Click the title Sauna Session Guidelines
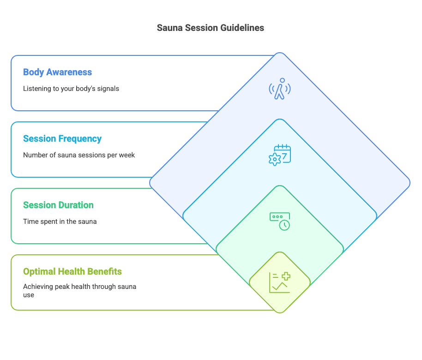coord(211,28)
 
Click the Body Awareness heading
coord(57,72)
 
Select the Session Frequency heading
coord(62,138)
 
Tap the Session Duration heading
coord(58,205)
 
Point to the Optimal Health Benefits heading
coord(72,271)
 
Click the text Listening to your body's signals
coord(71,89)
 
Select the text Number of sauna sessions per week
coord(79,155)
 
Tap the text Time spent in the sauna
coord(60,222)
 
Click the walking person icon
coord(280,89)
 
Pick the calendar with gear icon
coord(280,155)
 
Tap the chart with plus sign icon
coord(280,282)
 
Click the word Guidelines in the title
coord(242,28)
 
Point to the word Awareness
coord(69,72)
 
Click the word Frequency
coord(80,139)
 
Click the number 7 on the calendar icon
coord(284,156)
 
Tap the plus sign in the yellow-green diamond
coord(286,276)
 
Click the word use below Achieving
coord(29,295)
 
